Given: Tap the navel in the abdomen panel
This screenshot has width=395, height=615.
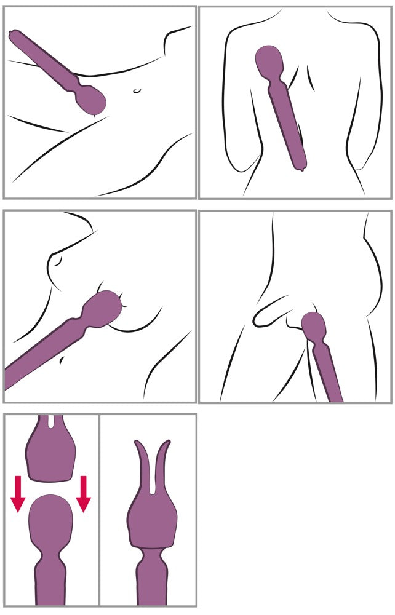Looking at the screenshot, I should [137, 91].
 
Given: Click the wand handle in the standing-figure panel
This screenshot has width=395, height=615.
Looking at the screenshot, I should [329, 375].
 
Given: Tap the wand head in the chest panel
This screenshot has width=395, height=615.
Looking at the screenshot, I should [106, 308].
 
